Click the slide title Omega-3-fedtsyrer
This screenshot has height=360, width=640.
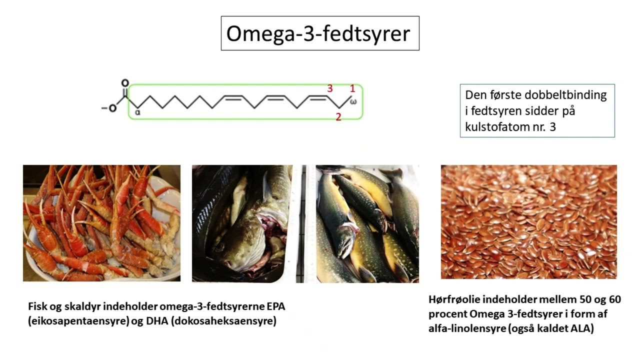pyautogui.click(x=318, y=33)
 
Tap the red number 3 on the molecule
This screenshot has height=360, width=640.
pyautogui.click(x=330, y=88)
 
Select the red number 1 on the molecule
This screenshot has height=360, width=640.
pyautogui.click(x=352, y=88)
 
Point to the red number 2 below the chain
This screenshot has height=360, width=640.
pyautogui.click(x=338, y=117)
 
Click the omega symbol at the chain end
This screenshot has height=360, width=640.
pyautogui.click(x=353, y=102)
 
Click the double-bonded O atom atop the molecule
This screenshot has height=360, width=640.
pyautogui.click(x=124, y=83)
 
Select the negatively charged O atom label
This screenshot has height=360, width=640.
pyautogui.click(x=113, y=108)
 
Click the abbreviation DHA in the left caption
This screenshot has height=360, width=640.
pyautogui.click(x=156, y=321)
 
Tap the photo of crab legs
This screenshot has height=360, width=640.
pyautogui.click(x=101, y=223)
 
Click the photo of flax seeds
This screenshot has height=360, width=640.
pyautogui.click(x=528, y=221)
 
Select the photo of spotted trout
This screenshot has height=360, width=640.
pyautogui.click(x=367, y=223)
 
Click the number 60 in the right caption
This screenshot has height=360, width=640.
pyautogui.click(x=613, y=300)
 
